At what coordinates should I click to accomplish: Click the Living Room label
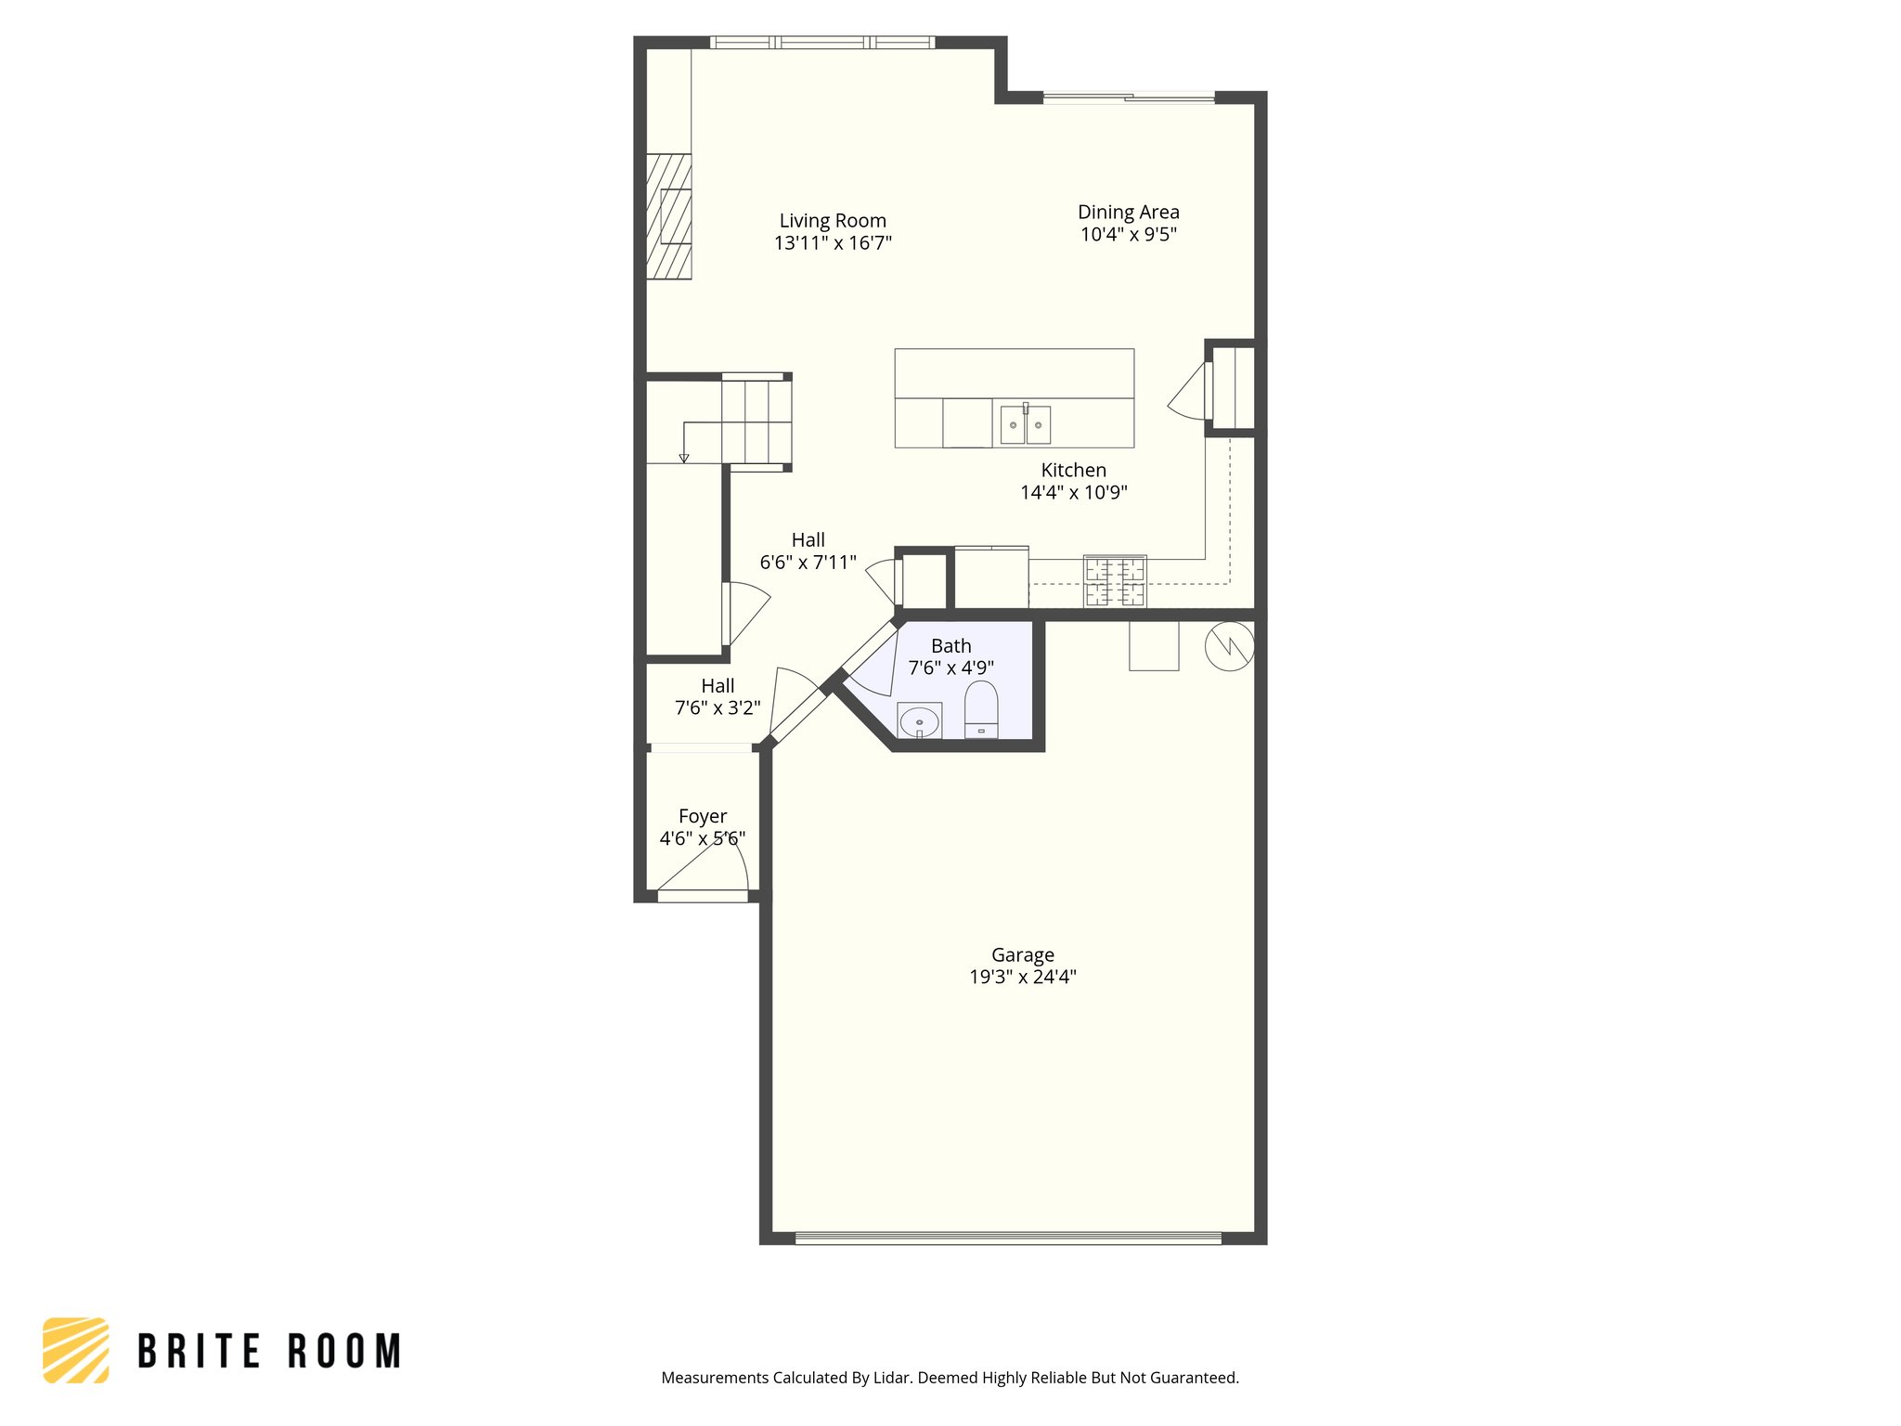click(x=832, y=221)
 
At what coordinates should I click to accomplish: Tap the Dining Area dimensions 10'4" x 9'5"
click(x=1128, y=235)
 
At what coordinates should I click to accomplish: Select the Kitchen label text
click(x=1073, y=471)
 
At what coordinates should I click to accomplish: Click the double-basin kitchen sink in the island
click(x=1025, y=425)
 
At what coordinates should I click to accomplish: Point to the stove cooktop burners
click(x=1115, y=581)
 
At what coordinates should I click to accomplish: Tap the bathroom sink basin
click(x=919, y=721)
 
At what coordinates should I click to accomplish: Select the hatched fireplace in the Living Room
click(x=668, y=216)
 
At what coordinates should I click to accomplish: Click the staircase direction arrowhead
click(x=684, y=458)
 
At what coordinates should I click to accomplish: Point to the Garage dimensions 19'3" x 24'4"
click(x=1022, y=977)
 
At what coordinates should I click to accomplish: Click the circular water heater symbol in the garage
click(x=1229, y=645)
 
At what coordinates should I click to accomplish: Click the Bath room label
click(x=950, y=646)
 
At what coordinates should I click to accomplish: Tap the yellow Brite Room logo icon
click(x=76, y=1350)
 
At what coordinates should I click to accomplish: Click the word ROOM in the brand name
click(x=344, y=1352)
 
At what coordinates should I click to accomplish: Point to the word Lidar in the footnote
click(x=892, y=1378)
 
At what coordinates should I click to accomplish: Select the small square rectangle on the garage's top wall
click(x=1153, y=646)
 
